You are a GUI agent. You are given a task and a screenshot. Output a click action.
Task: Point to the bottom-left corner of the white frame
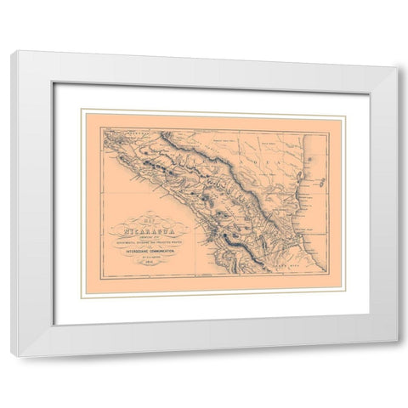click(14, 354)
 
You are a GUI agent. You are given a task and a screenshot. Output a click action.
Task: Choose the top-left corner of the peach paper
click(82, 110)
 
